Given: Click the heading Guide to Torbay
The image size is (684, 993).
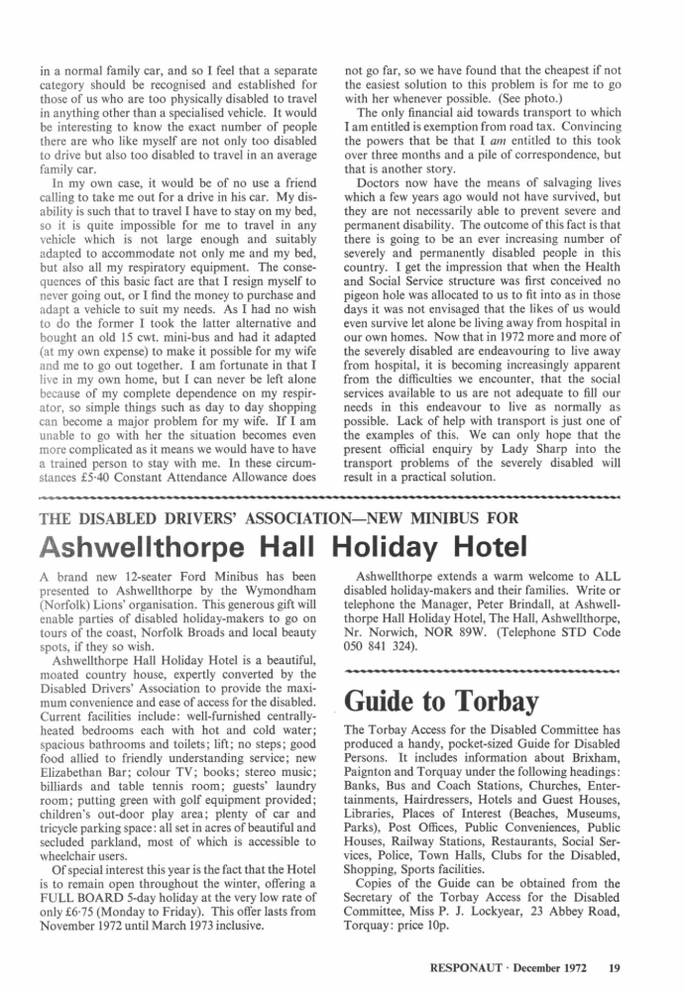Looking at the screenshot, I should point(441,701).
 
